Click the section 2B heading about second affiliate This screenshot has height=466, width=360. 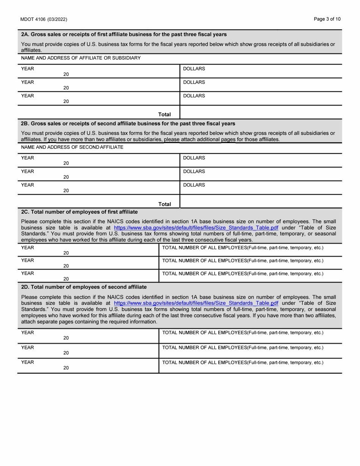point(128,124)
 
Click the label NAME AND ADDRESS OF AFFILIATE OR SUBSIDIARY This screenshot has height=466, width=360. point(81,58)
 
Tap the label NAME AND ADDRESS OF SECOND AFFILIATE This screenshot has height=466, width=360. point(72,147)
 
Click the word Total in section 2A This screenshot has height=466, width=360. point(164,114)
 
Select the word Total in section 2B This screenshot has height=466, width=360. point(164,204)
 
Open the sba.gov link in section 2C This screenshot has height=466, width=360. point(196,228)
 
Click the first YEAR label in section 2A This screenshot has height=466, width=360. point(28,69)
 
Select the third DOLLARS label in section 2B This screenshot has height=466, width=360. point(194,185)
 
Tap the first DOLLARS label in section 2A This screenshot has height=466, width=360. point(194,69)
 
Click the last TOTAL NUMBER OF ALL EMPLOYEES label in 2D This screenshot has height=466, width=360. point(243,363)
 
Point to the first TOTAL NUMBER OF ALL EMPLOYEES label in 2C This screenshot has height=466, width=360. point(243,248)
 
